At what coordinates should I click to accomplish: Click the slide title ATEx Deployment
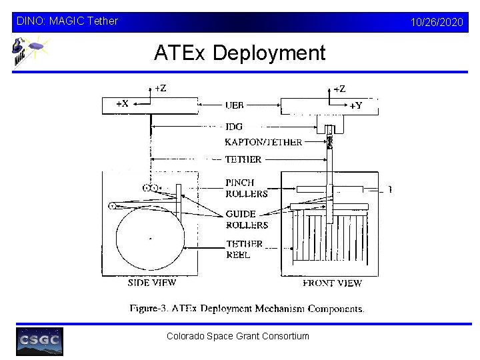(x=239, y=53)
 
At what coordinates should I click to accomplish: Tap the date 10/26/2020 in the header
(x=437, y=22)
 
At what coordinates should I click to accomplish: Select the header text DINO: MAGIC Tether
(x=66, y=21)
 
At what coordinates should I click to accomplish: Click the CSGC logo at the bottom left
(x=39, y=341)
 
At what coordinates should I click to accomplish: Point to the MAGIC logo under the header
(x=29, y=51)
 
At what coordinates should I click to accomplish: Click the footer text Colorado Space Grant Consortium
(x=238, y=336)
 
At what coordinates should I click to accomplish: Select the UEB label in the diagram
(x=235, y=105)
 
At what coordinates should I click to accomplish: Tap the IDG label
(x=234, y=127)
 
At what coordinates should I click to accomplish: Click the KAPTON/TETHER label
(x=263, y=142)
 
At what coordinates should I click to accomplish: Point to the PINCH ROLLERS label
(x=246, y=188)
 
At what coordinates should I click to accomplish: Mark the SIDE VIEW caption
(x=152, y=283)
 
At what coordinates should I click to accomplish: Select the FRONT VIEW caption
(x=332, y=283)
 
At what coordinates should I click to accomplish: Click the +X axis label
(x=122, y=103)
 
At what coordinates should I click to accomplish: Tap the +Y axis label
(x=356, y=105)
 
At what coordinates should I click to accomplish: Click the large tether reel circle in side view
(x=150, y=238)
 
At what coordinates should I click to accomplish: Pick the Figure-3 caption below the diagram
(x=247, y=309)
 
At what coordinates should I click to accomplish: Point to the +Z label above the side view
(x=161, y=88)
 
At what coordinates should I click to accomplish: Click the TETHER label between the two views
(x=243, y=160)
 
